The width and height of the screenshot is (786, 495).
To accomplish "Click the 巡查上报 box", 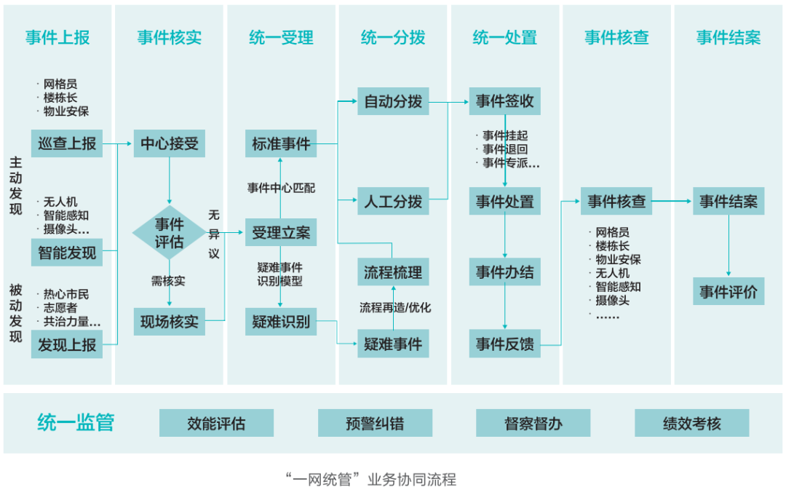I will click(x=67, y=143).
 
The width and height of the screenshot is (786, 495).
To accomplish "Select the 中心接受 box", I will click(x=169, y=143).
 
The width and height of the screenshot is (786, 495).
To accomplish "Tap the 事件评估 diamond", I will click(x=169, y=233).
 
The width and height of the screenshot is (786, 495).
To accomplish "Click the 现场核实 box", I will click(x=169, y=321).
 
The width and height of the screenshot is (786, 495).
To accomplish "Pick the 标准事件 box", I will click(x=281, y=143).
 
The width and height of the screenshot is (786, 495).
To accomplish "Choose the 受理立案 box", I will click(x=281, y=233).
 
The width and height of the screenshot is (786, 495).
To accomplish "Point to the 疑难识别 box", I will click(x=281, y=321).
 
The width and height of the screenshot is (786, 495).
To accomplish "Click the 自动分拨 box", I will click(x=393, y=102).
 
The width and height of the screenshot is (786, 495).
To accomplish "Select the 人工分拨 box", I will click(x=393, y=201).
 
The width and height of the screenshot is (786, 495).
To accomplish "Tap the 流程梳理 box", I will click(x=393, y=272).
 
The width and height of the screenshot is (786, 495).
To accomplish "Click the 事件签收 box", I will click(x=504, y=102).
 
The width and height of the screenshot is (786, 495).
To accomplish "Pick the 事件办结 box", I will click(x=504, y=272).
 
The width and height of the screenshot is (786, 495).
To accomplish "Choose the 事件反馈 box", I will click(x=504, y=344).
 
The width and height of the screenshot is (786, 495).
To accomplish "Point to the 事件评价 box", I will click(x=729, y=291).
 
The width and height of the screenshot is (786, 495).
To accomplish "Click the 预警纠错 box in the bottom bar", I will click(x=375, y=423).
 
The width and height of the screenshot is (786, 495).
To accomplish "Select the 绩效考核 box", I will click(x=691, y=423).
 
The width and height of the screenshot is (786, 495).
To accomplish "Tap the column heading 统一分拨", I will click(x=393, y=38).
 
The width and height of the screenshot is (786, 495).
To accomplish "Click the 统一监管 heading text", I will click(x=76, y=423).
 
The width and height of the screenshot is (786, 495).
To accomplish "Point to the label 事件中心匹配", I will click(x=281, y=188).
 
